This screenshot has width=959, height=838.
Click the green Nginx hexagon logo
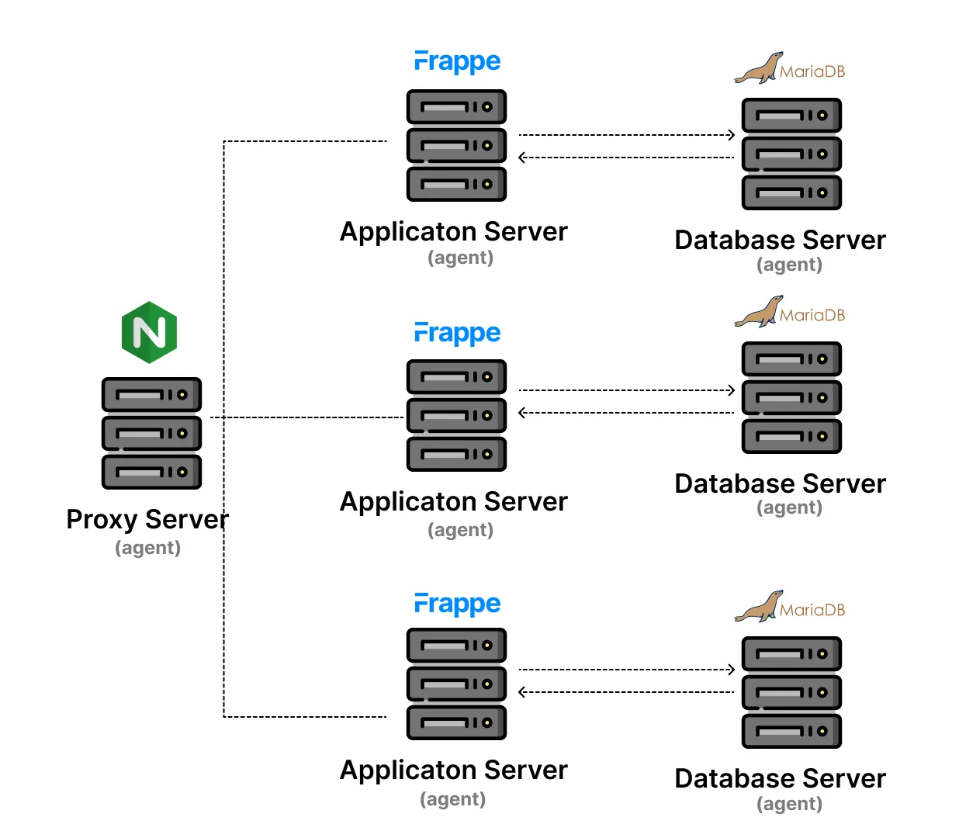[x=150, y=332]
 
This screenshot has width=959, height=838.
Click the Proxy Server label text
[x=147, y=519]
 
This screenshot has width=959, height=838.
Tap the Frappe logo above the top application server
[x=457, y=61]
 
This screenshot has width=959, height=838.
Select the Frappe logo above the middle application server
[x=457, y=333]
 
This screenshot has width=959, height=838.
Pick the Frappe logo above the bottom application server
[x=457, y=604]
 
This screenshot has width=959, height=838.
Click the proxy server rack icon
[x=151, y=433]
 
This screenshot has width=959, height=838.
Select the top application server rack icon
[x=456, y=145]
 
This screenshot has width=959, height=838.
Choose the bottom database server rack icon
[x=791, y=692]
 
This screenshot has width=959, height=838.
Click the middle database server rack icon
[x=791, y=397]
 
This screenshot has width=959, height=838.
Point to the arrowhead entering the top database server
[x=730, y=135]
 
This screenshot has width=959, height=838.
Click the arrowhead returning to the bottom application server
[x=522, y=692]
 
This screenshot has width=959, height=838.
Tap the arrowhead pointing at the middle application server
[x=522, y=413]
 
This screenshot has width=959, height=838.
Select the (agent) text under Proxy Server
[x=147, y=548]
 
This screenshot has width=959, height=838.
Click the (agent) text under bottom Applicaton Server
[x=452, y=799]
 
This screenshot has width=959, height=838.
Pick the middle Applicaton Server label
[x=454, y=501]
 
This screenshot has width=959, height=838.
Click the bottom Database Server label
[x=780, y=778]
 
